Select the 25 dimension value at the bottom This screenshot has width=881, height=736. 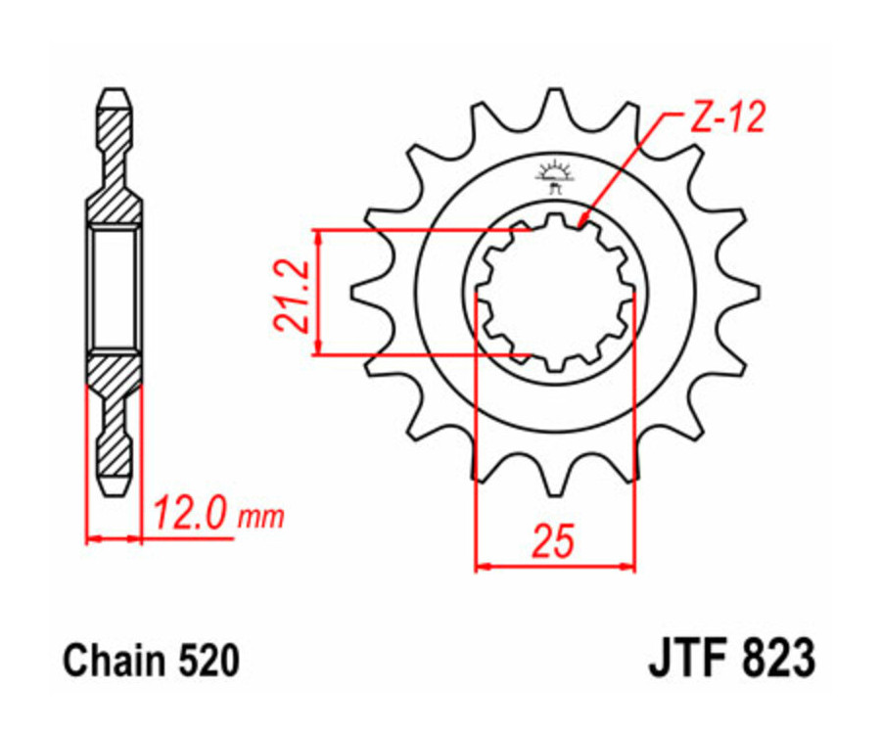554,541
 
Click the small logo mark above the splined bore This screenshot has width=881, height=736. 555,175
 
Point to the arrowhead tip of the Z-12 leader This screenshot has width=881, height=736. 581,226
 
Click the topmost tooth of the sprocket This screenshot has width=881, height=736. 555,100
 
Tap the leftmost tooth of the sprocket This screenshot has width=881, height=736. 359,292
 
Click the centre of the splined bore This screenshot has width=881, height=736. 555,292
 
